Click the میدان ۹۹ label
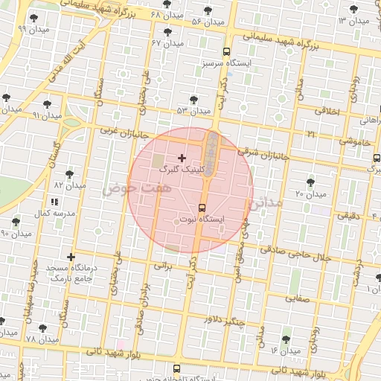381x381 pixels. [x=13, y=29]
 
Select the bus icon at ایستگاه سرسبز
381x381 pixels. [x=226, y=51]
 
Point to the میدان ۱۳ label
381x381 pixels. [x=354, y=20]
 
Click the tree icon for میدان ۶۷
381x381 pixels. [x=167, y=32]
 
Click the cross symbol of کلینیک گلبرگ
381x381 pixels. [x=182, y=158]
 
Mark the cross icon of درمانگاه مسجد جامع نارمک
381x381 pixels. [x=71, y=257]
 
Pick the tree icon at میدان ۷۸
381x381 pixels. [x=39, y=328]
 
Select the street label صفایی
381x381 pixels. [x=291, y=297]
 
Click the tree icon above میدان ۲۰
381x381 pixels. [x=311, y=182]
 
